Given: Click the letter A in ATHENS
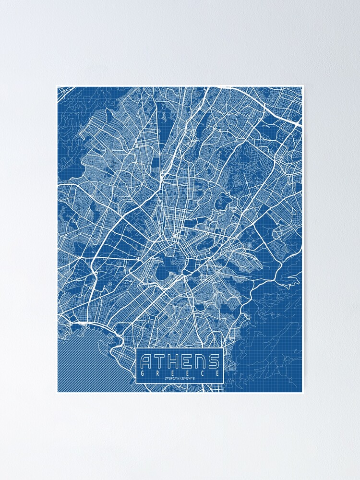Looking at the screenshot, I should tap(147, 361).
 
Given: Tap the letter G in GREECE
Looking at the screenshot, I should tap(143, 372).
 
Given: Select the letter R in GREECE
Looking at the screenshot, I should tap(158, 372).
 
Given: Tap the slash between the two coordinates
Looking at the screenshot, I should tap(180, 379).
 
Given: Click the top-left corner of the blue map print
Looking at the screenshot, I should tap(58, 87).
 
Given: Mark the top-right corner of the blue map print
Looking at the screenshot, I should tap(302, 87).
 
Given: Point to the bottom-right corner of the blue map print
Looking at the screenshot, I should tap(302, 392).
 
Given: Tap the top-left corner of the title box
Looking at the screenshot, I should tap(136, 348).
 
